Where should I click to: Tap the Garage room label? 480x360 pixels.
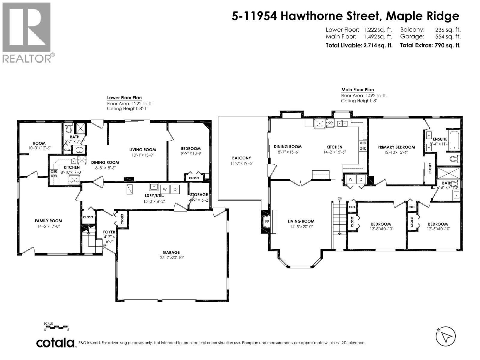171,253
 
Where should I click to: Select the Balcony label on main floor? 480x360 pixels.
241,158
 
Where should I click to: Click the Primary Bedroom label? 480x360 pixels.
396,147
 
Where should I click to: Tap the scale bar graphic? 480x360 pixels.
56,327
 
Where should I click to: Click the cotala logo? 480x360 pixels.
55,343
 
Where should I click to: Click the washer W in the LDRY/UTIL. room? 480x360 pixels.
165,189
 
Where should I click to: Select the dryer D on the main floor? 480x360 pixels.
361,179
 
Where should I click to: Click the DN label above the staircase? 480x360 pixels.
340,199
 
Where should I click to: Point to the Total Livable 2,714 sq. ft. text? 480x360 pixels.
359,46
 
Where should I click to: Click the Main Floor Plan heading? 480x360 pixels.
358,90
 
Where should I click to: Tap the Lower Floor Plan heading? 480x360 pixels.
124,98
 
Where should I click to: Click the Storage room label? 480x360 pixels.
199,195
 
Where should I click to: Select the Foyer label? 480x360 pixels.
109,232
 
